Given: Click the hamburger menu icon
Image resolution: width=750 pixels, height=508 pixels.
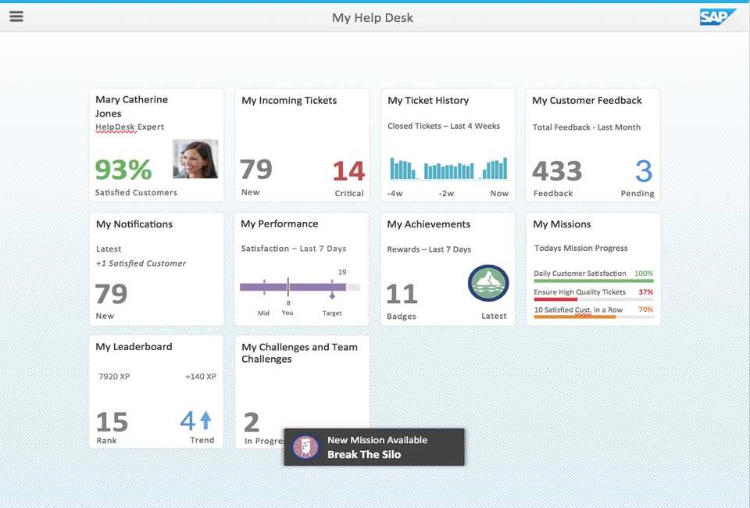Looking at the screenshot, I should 16,16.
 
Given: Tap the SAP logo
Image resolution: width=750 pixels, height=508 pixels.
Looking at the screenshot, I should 717,16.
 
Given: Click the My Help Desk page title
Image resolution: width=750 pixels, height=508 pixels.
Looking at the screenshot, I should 373,17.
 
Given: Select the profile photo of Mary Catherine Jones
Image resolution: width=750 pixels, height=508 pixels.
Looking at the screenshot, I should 195,159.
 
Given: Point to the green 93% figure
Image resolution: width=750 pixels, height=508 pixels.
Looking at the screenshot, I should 123,170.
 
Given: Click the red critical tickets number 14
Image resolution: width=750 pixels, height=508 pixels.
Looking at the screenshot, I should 348,170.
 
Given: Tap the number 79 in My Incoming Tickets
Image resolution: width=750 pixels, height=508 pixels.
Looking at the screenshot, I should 256,169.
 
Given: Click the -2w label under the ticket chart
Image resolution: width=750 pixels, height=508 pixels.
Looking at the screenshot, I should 446,193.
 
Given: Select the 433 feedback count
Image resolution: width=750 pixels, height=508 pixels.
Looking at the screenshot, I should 557,170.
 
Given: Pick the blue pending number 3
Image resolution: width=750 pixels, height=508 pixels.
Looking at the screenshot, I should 643,170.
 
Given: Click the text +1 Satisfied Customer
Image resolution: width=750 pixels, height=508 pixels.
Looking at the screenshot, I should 141,263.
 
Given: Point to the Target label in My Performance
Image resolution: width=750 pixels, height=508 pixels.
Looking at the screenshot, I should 332,313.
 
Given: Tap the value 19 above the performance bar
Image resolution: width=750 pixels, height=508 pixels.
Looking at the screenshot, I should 342,272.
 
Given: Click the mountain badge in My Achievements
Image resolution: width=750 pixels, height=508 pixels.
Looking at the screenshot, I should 488,283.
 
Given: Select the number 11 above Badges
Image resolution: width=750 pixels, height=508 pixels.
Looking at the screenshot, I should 402,294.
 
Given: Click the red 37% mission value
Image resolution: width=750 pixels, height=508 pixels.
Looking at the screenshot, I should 645,292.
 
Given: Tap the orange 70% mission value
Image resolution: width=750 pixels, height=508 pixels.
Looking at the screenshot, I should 645,309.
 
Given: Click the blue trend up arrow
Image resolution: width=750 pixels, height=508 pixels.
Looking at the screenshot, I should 205,420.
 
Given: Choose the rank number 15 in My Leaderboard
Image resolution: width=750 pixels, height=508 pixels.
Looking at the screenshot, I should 112,422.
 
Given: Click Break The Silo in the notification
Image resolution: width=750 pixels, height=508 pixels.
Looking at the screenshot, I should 363,455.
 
